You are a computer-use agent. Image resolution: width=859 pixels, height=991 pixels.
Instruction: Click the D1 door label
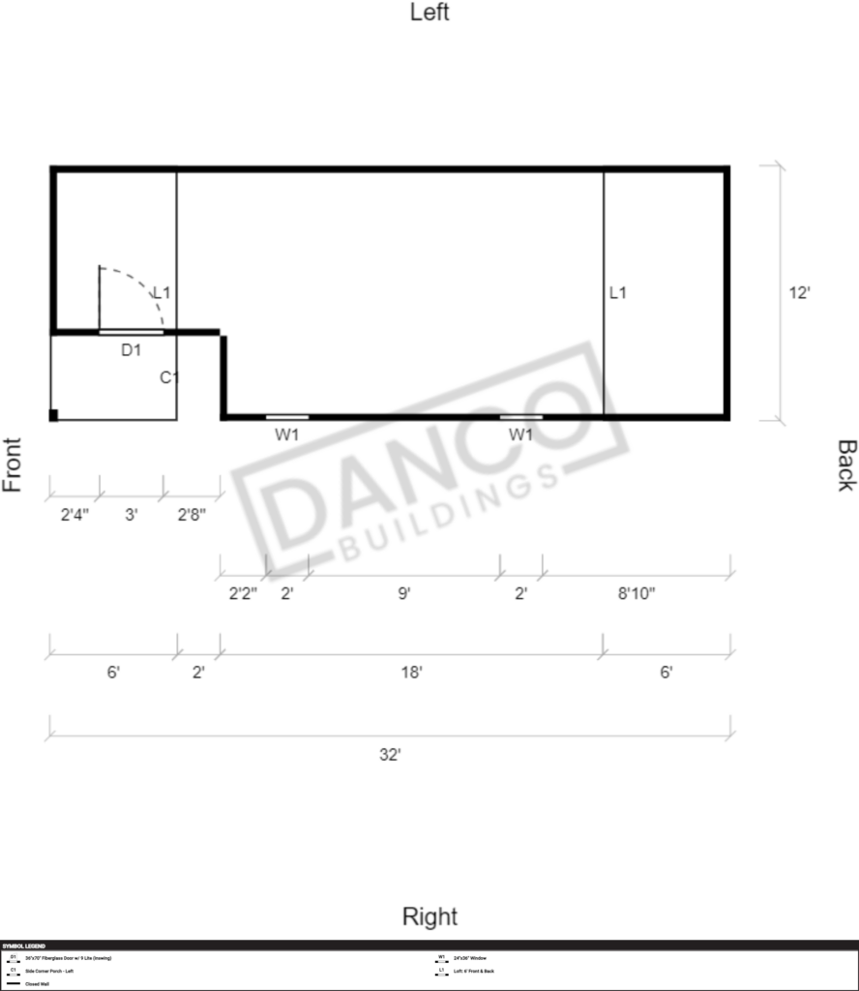point(132,350)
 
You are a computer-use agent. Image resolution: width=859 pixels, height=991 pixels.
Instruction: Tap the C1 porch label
point(169,377)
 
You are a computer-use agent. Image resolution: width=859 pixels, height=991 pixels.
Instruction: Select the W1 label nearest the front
point(286,435)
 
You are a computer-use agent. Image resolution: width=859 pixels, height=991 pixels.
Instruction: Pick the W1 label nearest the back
point(520,435)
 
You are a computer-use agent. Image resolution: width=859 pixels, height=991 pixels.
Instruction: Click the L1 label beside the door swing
point(163,292)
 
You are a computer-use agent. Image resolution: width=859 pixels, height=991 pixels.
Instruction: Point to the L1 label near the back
point(618,292)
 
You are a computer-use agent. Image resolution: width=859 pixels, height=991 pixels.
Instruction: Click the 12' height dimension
point(798,293)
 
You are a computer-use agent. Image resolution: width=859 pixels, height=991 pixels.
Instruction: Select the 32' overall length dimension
point(389,754)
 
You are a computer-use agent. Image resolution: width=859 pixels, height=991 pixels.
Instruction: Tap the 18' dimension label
point(411,672)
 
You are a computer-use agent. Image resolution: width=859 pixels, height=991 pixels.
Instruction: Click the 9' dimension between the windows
point(403,594)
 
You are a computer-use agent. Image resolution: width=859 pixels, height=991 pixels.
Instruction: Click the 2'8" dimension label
point(191,515)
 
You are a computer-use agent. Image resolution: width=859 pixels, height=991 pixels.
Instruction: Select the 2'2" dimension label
point(243,594)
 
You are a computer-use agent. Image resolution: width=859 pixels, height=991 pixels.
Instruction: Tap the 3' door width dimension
point(131,515)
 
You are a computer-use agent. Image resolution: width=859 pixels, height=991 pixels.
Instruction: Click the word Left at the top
point(429,13)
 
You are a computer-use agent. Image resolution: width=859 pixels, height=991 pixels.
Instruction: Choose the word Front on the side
point(13,465)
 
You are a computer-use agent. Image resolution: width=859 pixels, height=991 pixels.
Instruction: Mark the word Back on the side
point(846,465)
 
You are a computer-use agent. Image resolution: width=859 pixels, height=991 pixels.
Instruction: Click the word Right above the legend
point(429,916)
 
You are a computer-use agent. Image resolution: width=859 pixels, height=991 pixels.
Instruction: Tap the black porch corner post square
point(54,415)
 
